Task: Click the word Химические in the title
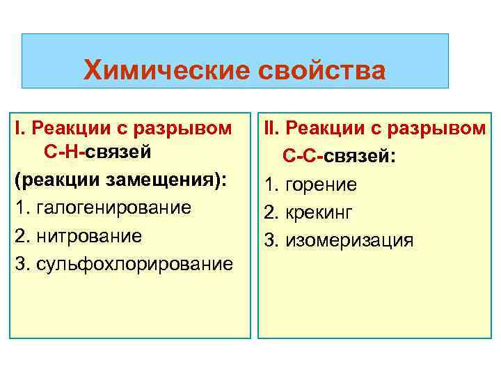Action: pos(156,71)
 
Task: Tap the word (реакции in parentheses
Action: pos(47,181)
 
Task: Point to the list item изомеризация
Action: pos(349,240)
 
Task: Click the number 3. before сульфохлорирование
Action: pos(22,264)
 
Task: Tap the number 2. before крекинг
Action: pos(273,212)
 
